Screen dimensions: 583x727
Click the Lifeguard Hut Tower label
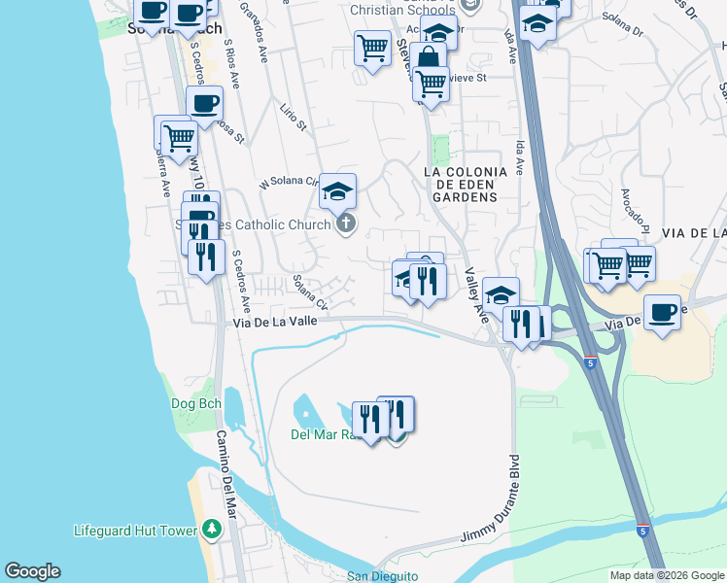(135, 531)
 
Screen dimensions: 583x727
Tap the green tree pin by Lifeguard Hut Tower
(212, 531)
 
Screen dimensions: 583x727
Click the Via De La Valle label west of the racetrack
(272, 325)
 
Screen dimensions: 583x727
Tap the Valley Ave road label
(476, 297)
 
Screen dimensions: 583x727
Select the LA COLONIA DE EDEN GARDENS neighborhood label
(466, 185)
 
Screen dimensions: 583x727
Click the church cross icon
(345, 225)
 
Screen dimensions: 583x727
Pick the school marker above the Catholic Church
(337, 189)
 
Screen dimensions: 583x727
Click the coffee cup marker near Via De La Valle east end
(662, 312)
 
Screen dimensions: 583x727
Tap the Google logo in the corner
(32, 571)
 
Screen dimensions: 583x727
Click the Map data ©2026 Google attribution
(667, 575)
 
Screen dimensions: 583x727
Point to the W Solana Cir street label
(289, 182)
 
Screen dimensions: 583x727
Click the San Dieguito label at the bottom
(382, 576)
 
